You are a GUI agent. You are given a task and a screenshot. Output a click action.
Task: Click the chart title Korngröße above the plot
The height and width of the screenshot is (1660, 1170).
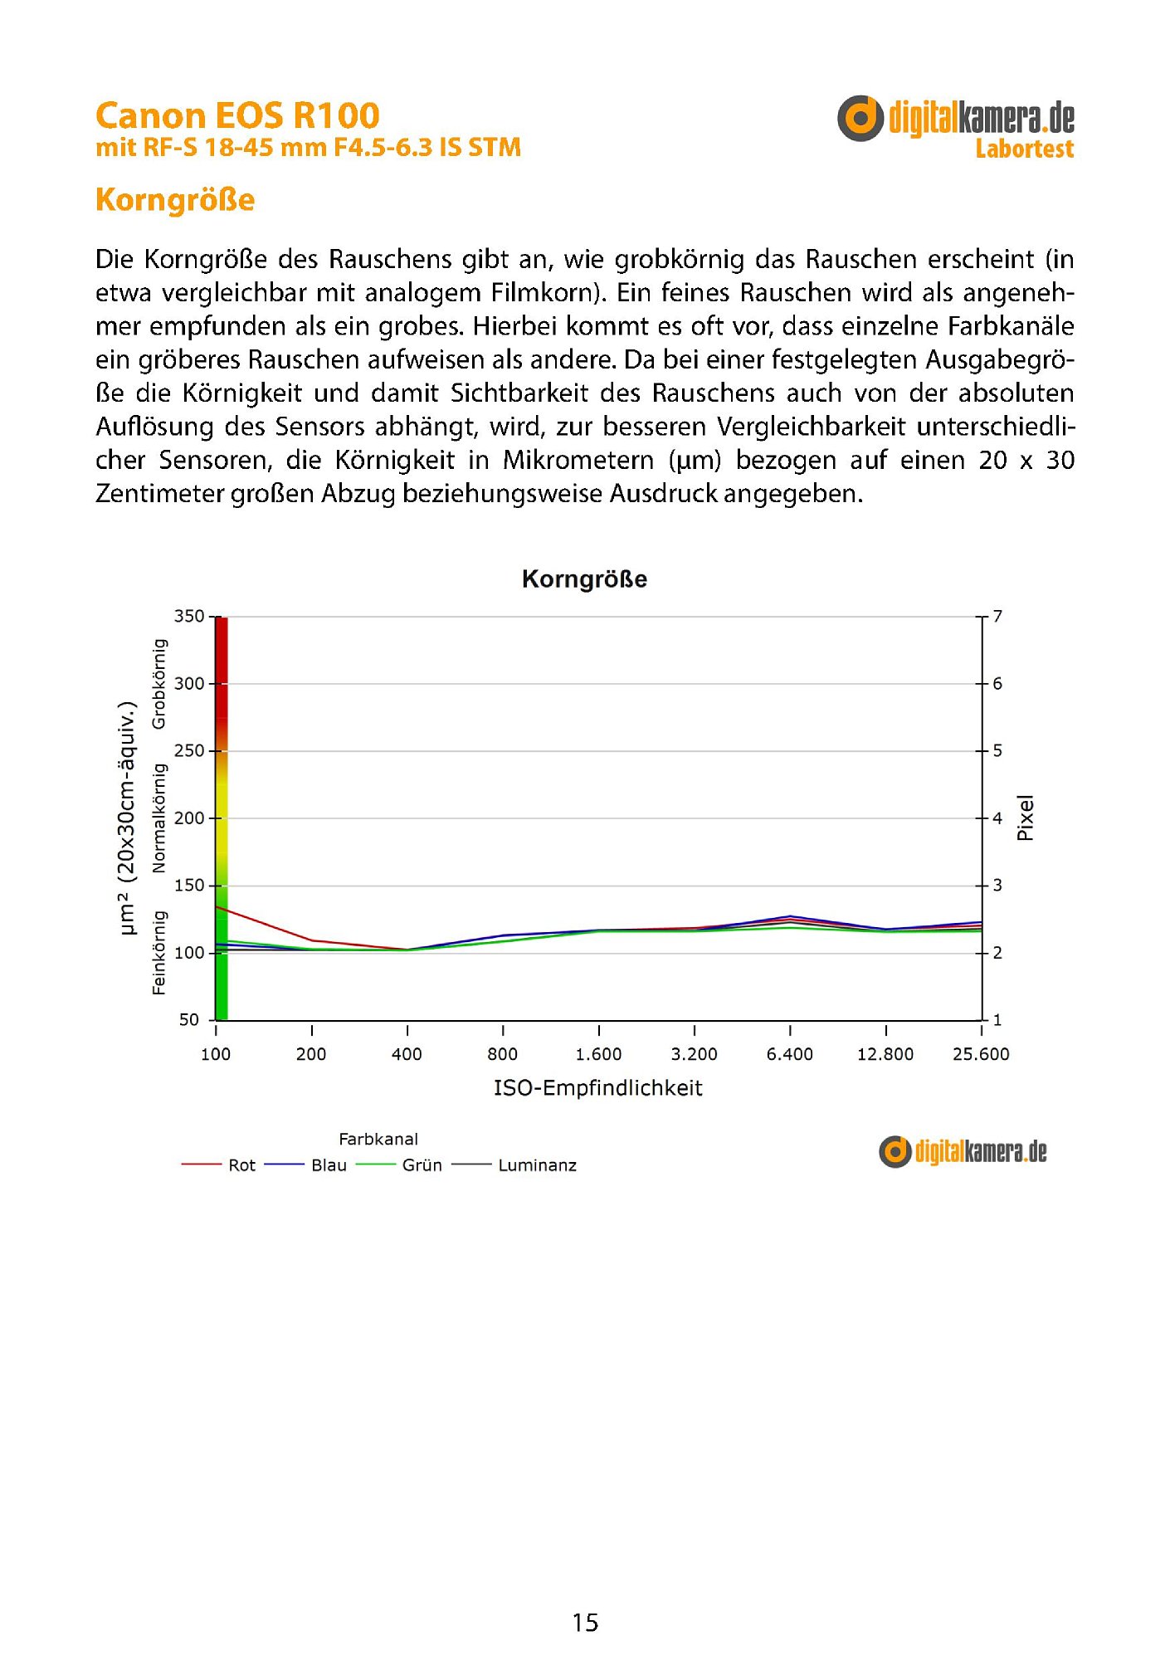[x=584, y=579]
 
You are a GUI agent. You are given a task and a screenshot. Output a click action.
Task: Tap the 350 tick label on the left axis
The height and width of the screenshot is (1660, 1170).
[x=188, y=616]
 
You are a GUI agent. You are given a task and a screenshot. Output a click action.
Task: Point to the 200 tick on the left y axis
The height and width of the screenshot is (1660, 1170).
[x=188, y=818]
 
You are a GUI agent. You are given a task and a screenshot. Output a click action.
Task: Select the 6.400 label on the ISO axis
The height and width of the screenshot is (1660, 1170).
[x=789, y=1054]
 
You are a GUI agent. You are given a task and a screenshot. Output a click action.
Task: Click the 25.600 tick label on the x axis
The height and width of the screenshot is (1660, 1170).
[x=981, y=1054]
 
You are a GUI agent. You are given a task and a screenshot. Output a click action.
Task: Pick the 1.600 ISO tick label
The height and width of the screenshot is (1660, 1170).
[x=598, y=1054]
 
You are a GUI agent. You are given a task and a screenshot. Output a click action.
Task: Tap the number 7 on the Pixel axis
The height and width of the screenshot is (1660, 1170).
[x=997, y=616]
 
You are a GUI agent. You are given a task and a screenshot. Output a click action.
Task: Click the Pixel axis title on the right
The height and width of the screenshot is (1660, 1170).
[x=1026, y=818]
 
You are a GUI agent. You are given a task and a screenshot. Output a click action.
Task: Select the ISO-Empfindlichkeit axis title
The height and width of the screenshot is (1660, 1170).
[x=597, y=1088]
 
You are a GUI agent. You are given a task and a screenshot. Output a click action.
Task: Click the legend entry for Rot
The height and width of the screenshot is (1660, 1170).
[x=241, y=1165]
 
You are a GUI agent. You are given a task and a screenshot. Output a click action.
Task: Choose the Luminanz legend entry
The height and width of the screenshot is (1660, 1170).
[x=536, y=1165]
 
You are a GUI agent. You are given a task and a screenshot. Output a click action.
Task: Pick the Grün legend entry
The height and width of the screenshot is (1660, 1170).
[x=422, y=1165]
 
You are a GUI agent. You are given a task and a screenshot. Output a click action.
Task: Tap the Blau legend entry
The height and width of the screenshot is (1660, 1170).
[x=329, y=1165]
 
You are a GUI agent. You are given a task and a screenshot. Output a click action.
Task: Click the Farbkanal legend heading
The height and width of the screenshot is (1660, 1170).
[x=378, y=1140]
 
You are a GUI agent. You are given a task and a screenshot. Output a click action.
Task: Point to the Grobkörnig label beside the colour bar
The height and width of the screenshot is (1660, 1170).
[x=159, y=684]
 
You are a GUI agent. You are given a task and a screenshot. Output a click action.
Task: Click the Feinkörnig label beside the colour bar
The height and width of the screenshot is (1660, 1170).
[x=159, y=952]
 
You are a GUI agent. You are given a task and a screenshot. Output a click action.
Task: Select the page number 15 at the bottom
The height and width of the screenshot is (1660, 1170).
[x=585, y=1623]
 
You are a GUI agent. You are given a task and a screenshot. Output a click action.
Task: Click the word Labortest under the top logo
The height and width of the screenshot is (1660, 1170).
[x=1024, y=149]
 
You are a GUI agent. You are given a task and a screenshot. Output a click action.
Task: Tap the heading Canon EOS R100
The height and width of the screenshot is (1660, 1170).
[x=237, y=115]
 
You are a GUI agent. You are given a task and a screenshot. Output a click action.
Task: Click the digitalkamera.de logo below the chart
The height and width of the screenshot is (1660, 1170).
[x=963, y=1151]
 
